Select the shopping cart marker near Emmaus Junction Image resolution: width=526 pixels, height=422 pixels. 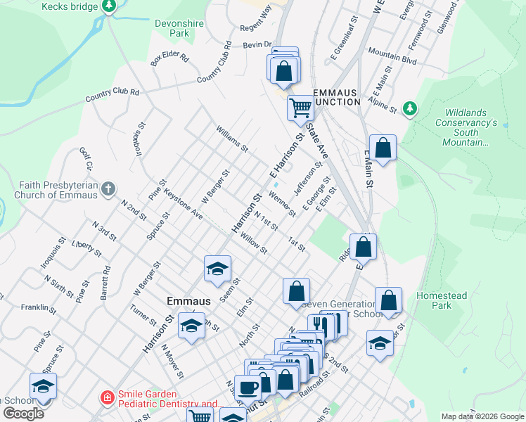pyautogui.click(x=300, y=108)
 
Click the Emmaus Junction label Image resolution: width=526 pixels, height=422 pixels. pyautogui.click(x=337, y=97)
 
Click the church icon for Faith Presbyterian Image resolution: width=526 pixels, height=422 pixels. pyautogui.click(x=107, y=188)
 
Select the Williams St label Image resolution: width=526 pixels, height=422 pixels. pyautogui.click(x=232, y=139)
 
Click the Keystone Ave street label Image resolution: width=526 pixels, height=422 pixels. pyautogui.click(x=183, y=204)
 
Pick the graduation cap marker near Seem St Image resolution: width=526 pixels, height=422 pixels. pyautogui.click(x=218, y=268)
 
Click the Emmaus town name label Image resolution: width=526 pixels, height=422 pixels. pyautogui.click(x=188, y=300)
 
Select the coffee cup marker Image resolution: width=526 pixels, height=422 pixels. pyautogui.click(x=248, y=388)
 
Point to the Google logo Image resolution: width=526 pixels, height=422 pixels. pyautogui.click(x=23, y=414)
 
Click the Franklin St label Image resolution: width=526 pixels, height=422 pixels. pyautogui.click(x=38, y=307)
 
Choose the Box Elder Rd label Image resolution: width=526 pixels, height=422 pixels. pyautogui.click(x=170, y=58)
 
